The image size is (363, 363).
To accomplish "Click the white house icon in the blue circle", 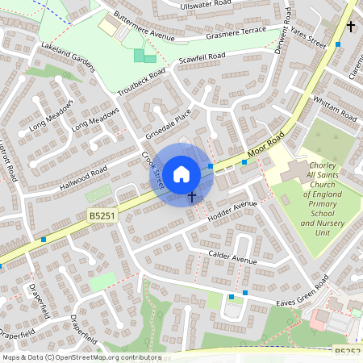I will pyautogui.click(x=181, y=173).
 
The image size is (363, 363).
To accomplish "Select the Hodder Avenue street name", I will pyautogui.click(x=232, y=210).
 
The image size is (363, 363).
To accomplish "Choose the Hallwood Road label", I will pyautogui.click(x=83, y=178).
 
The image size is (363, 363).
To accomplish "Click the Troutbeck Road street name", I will pyautogui.click(x=142, y=81).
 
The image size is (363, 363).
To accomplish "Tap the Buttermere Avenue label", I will pyautogui.click(x=144, y=27).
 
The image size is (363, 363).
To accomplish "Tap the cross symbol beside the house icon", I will pyautogui.click(x=192, y=196).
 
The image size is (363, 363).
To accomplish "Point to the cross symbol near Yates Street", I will pyautogui.click(x=350, y=27).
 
